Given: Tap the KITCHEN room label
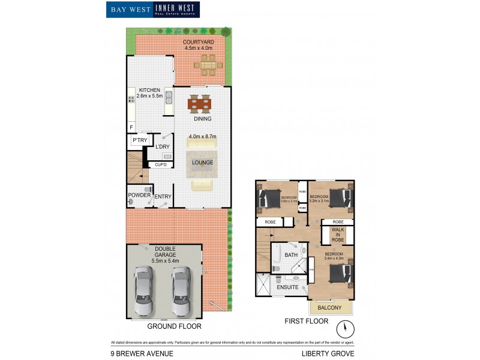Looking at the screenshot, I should click(149, 90).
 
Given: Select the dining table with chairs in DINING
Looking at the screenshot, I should click(200, 104).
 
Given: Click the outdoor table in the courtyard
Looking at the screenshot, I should click(208, 64).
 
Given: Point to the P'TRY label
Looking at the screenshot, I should click(140, 140).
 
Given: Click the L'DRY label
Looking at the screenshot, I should click(163, 147).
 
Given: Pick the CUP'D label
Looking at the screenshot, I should click(161, 164).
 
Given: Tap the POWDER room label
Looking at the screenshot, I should click(139, 195).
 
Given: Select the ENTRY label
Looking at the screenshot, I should click(163, 197).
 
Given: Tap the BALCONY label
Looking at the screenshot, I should click(329, 308).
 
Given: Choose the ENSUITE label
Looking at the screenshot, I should click(287, 287).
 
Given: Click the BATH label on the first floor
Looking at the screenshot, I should click(291, 255).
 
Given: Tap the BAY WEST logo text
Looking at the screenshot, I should click(129, 9).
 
